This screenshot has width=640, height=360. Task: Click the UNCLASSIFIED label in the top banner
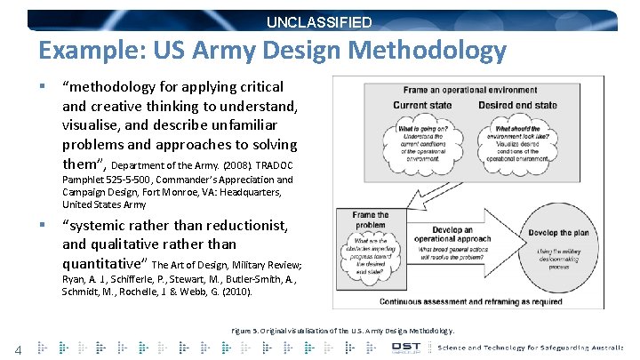pos(322,22)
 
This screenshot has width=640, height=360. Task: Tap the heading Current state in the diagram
pos(421,106)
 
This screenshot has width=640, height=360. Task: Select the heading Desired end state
pos(519,106)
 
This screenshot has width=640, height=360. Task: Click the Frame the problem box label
pos(370,220)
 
